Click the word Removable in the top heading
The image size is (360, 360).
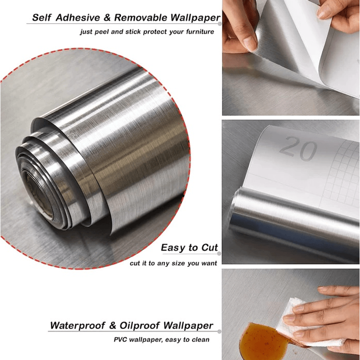point(141,18)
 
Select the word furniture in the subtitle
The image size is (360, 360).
point(200,31)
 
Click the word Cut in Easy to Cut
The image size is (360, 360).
point(210,247)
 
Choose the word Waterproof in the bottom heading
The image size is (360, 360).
point(77,325)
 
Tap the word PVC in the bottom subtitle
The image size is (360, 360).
point(120,340)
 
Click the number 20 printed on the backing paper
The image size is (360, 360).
point(298,148)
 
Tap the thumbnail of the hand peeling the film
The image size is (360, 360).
point(291,58)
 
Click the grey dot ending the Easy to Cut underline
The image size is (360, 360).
point(219,253)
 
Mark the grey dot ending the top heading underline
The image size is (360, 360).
point(220,24)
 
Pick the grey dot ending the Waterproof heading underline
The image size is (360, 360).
point(219,332)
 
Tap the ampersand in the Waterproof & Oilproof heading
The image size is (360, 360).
point(112,325)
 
